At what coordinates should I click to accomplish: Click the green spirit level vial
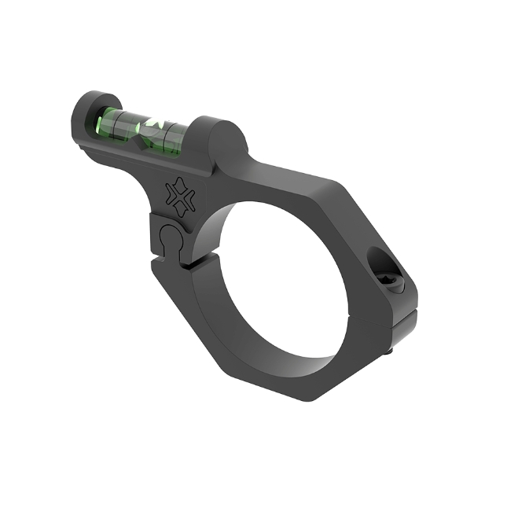click(x=145, y=127)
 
